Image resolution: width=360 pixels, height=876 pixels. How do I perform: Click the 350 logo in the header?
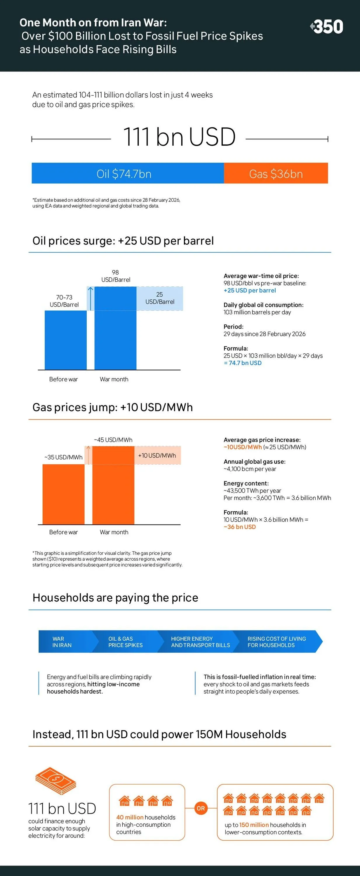[x=326, y=27]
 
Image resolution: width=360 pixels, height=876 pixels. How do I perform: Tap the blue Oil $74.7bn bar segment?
[x=128, y=173]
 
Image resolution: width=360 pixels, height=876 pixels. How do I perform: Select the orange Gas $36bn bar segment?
[x=276, y=173]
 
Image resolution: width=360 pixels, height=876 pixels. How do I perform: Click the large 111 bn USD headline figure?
[x=179, y=137]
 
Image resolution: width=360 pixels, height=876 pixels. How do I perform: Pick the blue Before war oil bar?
[x=66, y=340]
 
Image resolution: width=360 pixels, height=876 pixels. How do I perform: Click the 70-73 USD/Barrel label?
[x=64, y=301]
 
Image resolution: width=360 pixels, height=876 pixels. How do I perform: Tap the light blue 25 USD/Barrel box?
[x=160, y=298]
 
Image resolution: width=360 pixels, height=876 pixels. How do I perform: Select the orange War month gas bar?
[x=113, y=485]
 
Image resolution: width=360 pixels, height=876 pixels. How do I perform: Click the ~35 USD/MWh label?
[x=64, y=457]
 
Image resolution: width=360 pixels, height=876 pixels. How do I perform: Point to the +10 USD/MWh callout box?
[x=157, y=455]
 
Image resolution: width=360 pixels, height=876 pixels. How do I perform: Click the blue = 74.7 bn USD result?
[x=243, y=363]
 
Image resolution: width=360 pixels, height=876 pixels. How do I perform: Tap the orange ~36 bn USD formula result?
[x=240, y=527]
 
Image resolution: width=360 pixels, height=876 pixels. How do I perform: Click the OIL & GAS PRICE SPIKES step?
[x=126, y=642]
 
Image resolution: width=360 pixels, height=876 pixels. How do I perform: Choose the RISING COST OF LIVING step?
[x=277, y=642]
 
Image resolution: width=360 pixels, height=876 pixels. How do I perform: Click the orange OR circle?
[x=201, y=808]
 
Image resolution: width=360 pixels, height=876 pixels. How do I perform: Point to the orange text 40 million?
[x=130, y=817]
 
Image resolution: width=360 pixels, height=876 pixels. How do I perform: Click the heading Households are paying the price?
[x=115, y=597]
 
